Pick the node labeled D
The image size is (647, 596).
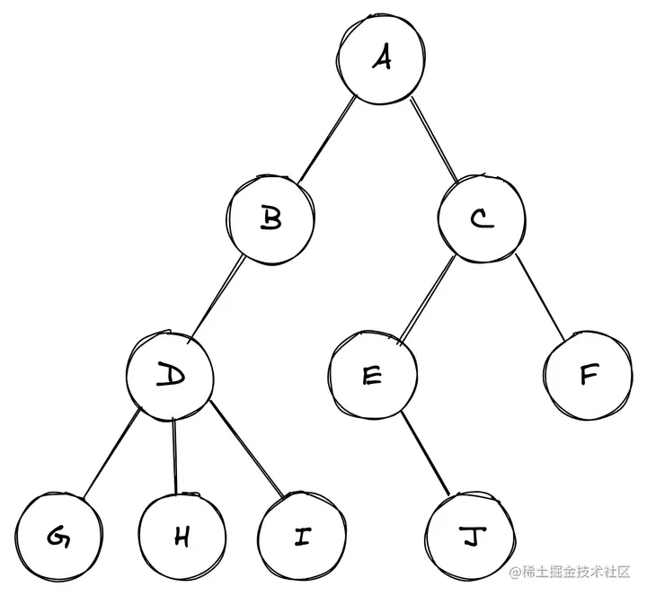pos(169,376)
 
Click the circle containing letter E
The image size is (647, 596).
pos(371,376)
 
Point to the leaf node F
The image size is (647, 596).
pos(588,376)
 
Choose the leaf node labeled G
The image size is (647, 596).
pos(57,537)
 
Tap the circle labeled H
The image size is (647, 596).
pos(182,537)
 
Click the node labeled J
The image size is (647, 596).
pos(468,537)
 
